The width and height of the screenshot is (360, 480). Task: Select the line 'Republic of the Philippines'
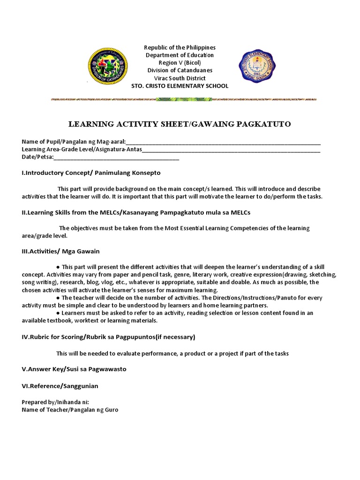point(180,48)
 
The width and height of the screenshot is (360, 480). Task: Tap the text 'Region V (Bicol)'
point(180,63)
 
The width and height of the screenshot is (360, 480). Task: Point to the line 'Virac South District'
point(180,78)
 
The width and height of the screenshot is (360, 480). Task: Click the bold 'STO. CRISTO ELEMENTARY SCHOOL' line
point(180,86)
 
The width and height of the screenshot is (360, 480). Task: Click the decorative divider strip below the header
point(183,99)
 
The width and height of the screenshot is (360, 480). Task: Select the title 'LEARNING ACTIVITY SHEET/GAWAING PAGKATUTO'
point(180,124)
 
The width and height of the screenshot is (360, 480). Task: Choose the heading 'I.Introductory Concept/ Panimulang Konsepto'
point(91,173)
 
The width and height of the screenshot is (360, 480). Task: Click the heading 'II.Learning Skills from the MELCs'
point(136,212)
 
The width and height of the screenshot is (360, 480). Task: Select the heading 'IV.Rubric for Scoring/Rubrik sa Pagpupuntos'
point(108,337)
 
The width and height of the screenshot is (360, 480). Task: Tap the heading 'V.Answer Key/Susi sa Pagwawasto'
point(74,369)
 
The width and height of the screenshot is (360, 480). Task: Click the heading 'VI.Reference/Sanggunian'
point(60,386)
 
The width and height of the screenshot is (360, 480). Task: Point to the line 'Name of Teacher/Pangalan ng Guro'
point(70,410)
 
